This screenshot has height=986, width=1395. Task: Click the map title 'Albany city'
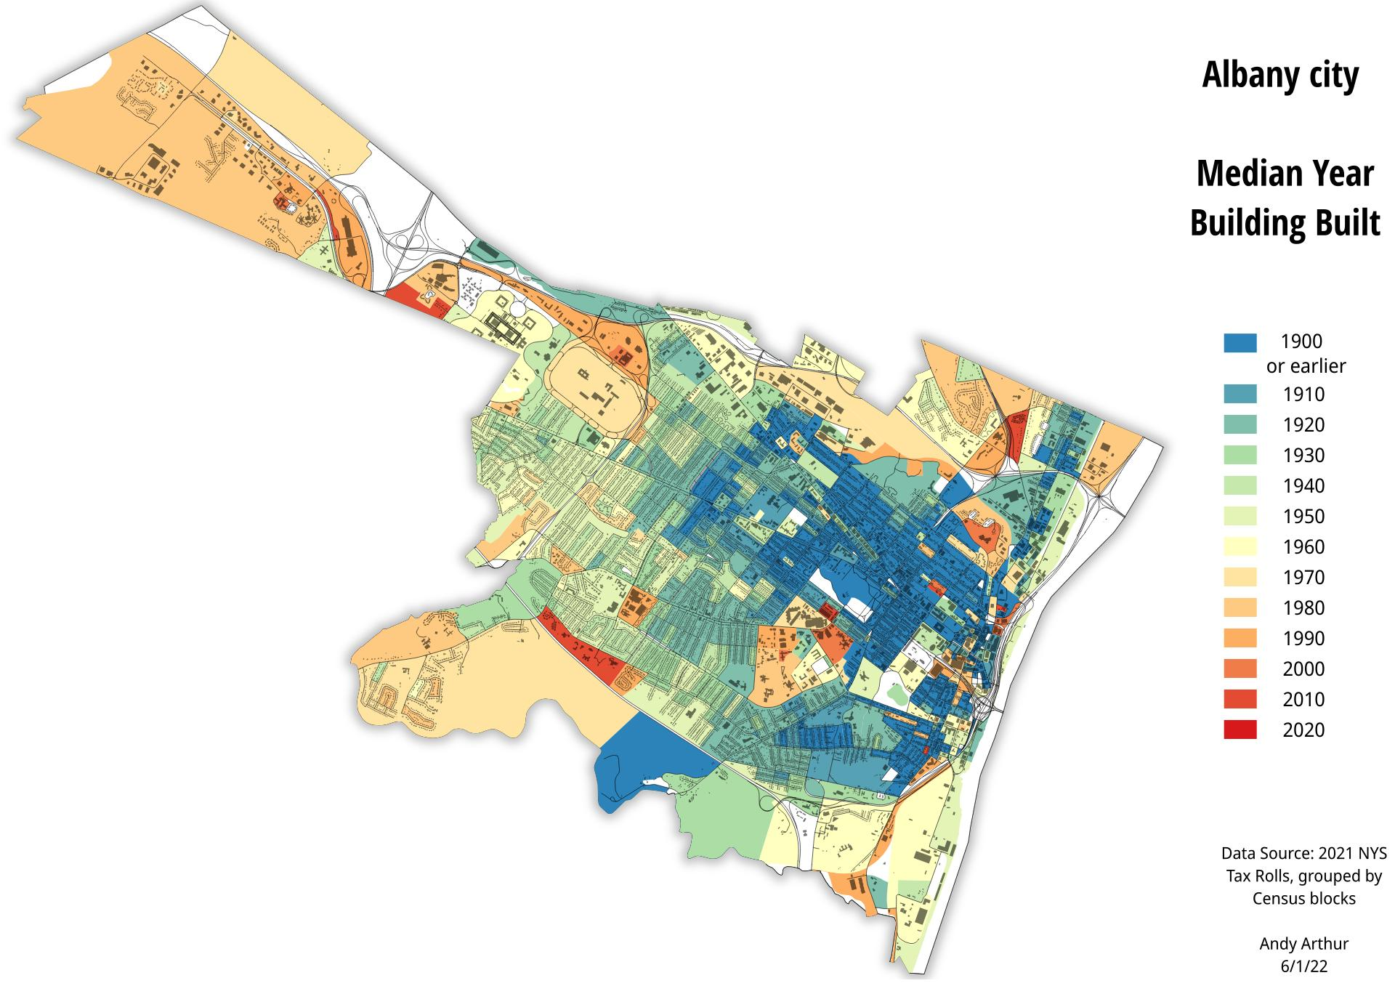pos(1280,76)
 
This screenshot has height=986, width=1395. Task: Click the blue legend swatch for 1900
pos(1240,342)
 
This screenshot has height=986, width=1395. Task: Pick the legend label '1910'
pos(1303,395)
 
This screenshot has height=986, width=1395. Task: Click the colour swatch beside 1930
pos(1240,456)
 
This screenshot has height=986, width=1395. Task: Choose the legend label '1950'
pos(1303,517)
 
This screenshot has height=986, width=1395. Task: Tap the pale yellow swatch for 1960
pos(1240,547)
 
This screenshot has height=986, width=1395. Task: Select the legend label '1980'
pos(1303,608)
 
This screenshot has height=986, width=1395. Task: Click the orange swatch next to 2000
pos(1240,669)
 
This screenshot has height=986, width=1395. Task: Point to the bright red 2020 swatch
pos(1240,730)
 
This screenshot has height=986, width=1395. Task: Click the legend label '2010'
pos(1303,700)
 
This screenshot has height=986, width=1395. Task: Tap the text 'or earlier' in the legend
pos(1306,366)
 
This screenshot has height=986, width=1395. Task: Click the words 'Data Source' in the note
pos(1264,853)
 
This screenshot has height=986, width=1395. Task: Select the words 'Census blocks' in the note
pos(1303,899)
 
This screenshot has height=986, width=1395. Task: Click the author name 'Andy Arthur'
pos(1303,944)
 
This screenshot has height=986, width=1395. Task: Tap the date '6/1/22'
pos(1303,966)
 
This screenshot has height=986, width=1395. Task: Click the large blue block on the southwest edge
pos(647,756)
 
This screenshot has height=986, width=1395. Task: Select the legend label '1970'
pos(1303,578)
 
